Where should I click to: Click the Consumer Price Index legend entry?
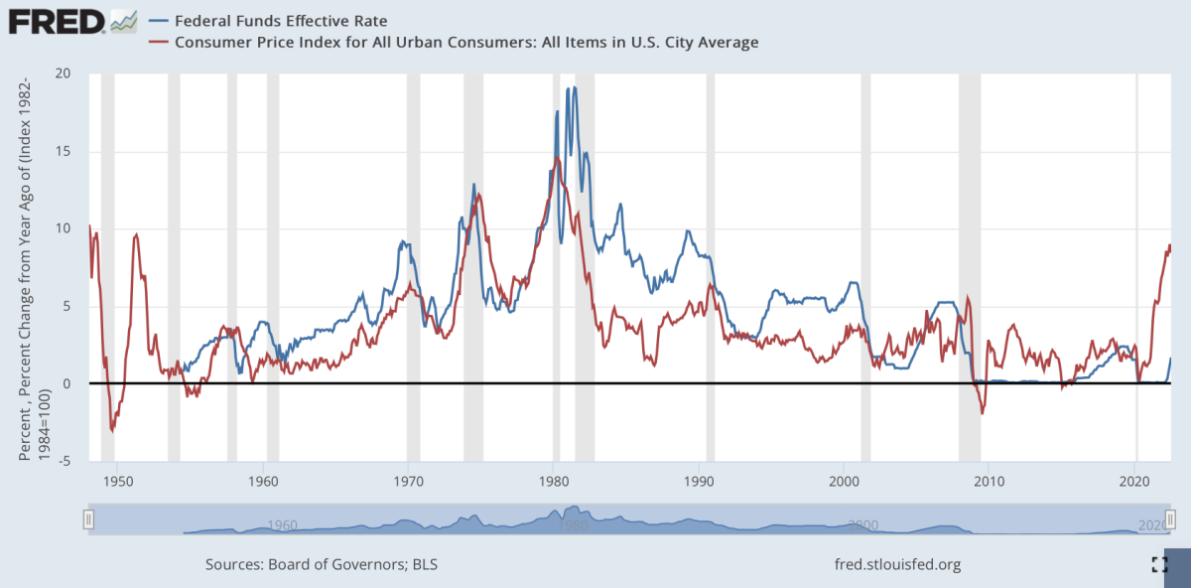tap(466, 42)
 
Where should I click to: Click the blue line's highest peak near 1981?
tap(574, 88)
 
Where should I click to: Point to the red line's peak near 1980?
tap(557, 158)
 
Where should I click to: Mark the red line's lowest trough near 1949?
tap(112, 431)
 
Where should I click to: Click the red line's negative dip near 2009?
tap(983, 412)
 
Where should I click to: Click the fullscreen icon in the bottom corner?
tap(1159, 565)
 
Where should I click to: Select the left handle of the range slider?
tap(88, 518)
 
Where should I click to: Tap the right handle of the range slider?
tap(1171, 518)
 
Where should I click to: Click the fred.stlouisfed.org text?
tap(899, 565)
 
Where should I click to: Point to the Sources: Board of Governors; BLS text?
tap(322, 565)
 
